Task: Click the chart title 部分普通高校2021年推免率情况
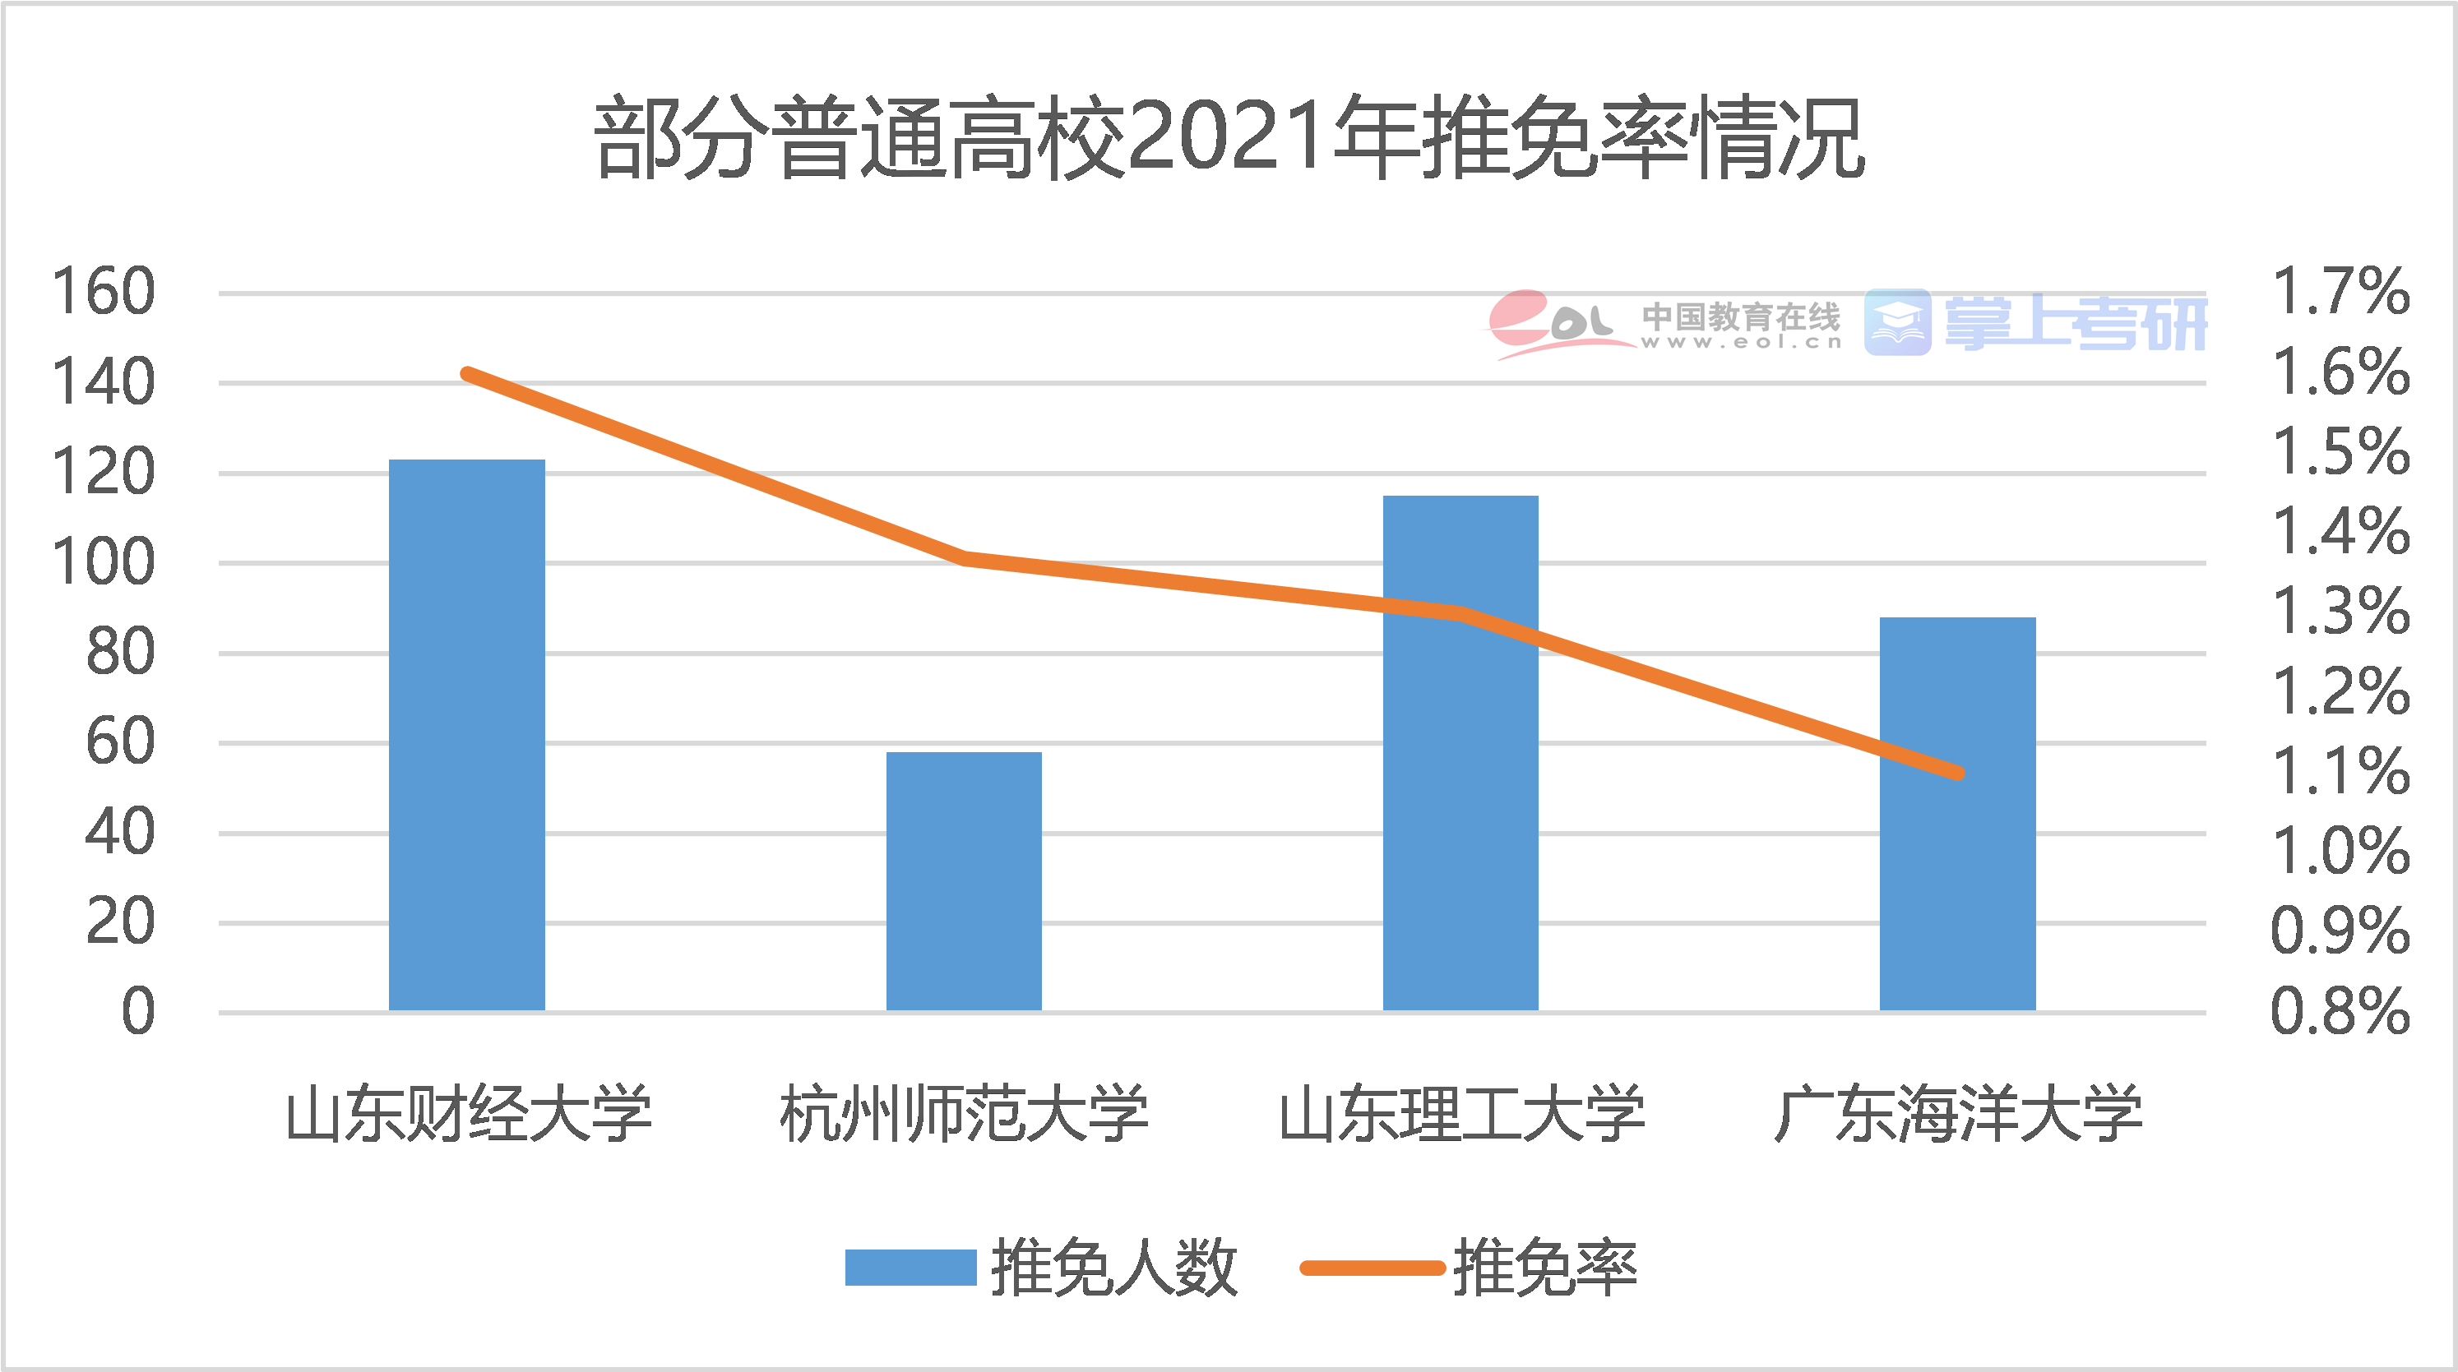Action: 1229,138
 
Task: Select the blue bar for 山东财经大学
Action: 466,735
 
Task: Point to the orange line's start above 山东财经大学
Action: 466,374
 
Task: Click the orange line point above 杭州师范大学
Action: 964,558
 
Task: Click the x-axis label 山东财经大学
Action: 468,1113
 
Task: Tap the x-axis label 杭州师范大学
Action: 964,1113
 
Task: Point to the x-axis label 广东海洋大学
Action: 1958,1113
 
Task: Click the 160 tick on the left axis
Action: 103,291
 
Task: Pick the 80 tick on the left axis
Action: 120,653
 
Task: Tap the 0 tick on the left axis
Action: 137,1011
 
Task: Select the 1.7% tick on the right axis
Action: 2340,291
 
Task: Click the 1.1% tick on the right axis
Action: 2340,771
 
